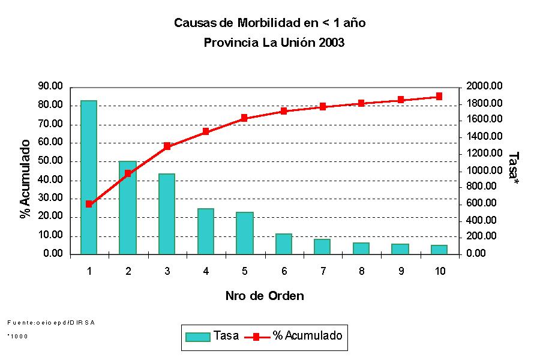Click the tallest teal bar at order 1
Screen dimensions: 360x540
point(89,177)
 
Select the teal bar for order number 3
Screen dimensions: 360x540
point(167,214)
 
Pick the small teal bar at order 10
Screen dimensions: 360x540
point(439,250)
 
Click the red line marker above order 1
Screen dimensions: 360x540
point(89,204)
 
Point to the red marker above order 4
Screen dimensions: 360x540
point(206,131)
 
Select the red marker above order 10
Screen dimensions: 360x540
point(439,96)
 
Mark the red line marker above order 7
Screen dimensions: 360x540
point(323,107)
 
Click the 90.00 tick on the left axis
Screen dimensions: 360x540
point(50,86)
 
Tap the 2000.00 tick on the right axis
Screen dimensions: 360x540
point(484,86)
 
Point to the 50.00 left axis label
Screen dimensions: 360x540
point(50,161)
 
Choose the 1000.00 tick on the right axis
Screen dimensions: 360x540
point(484,170)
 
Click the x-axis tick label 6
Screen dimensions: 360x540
point(284,271)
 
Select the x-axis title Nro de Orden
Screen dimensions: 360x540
point(265,296)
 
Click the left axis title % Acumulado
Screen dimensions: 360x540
point(25,179)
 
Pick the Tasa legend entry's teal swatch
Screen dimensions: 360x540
point(198,337)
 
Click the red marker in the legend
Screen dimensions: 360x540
point(256,337)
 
